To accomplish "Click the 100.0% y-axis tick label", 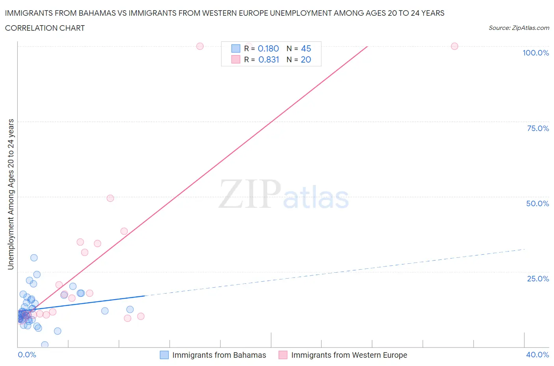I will pos(535,53).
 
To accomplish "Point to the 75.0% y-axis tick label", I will pos(538,128).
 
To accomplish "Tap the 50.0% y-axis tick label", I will pos(537,203).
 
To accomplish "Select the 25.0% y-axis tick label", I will pos(538,279).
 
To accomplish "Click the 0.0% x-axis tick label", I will pos(27,355).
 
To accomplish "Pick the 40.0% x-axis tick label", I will pos(537,355).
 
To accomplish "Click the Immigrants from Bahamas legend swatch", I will pos(164,355).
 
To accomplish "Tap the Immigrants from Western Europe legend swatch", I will pos(283,355).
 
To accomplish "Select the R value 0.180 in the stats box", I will pos(268,48).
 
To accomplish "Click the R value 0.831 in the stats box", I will pos(268,59).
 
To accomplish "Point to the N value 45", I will pos(306,48).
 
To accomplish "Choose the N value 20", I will pos(306,59).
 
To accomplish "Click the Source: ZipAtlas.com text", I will pos(519,28).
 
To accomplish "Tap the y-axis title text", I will pos(11,194).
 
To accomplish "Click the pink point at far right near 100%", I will pos(454,46).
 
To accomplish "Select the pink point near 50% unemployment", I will pos(110,198).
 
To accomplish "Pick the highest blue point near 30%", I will pos(34,258).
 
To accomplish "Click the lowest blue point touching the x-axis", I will pos(45,345).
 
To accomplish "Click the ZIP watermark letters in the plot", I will pos(249,194).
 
